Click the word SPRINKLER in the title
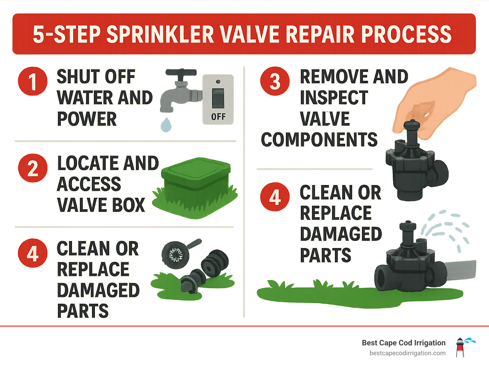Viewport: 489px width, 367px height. click(x=160, y=34)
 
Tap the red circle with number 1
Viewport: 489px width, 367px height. click(x=33, y=81)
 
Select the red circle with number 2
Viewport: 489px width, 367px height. click(x=33, y=168)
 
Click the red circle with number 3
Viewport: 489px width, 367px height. click(x=275, y=81)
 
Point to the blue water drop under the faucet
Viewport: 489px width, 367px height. click(x=166, y=125)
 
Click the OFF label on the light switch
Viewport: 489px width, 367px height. click(x=218, y=117)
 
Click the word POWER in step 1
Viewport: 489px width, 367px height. click(x=87, y=119)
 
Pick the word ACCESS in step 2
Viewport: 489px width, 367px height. click(x=89, y=184)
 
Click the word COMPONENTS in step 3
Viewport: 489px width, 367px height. click(x=319, y=140)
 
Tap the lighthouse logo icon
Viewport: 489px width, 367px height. click(x=460, y=347)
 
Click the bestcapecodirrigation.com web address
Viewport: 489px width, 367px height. click(x=407, y=353)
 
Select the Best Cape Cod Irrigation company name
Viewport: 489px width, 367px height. click(x=403, y=343)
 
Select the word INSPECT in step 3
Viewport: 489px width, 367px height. click(x=334, y=98)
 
